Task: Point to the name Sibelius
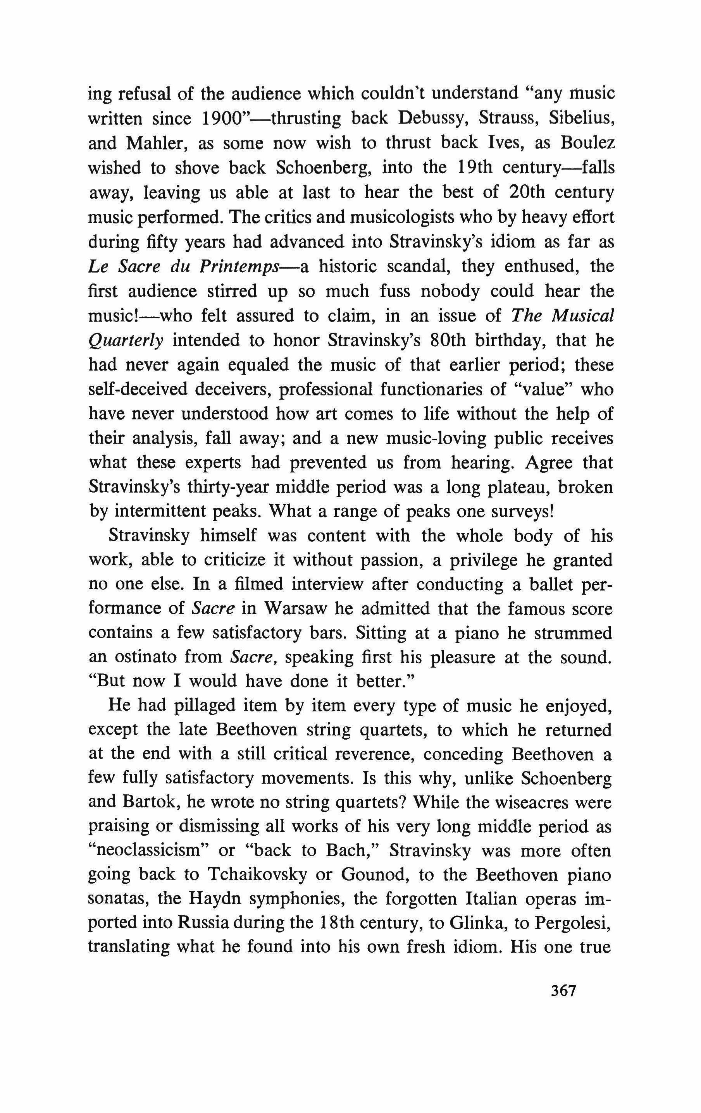click(x=581, y=119)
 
